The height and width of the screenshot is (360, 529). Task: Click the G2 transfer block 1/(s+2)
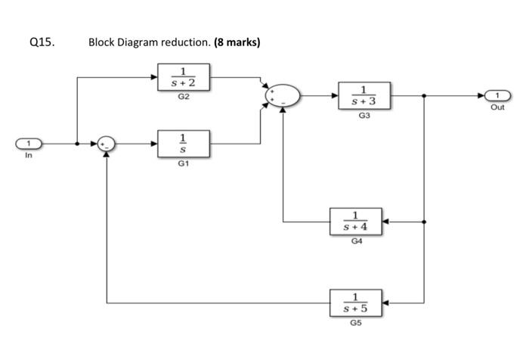[184, 76]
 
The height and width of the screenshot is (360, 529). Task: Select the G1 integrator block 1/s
[184, 143]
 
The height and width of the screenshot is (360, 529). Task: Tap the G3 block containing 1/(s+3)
[364, 96]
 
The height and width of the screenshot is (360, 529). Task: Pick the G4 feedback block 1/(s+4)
[355, 222]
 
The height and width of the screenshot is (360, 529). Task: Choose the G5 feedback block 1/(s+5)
[355, 303]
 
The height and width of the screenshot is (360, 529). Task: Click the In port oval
[29, 143]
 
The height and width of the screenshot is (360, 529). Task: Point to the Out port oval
[497, 96]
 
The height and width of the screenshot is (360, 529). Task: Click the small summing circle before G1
[106, 143]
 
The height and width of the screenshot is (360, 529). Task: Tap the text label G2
[184, 97]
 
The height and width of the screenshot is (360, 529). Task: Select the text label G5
[355, 324]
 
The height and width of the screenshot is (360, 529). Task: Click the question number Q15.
[42, 42]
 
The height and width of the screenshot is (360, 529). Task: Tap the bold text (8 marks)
[237, 42]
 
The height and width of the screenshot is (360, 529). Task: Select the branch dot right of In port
[77, 143]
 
